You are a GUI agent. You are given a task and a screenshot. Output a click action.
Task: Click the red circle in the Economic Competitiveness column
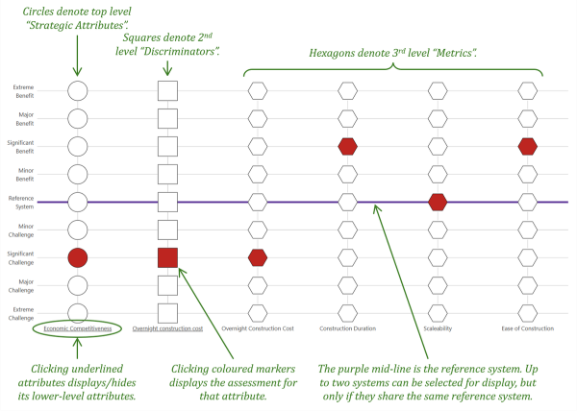tap(78, 256)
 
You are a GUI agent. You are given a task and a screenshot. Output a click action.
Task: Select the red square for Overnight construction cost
tap(167, 256)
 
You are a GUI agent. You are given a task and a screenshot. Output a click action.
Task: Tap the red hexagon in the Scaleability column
tap(438, 202)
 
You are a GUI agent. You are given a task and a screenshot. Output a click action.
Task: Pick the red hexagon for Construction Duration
tap(347, 146)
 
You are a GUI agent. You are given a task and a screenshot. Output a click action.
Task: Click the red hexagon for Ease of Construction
tap(527, 146)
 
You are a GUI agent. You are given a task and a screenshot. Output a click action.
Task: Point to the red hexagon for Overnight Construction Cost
tap(257, 256)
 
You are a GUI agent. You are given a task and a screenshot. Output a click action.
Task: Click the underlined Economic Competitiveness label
tap(78, 328)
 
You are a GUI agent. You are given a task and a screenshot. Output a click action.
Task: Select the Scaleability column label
tap(438, 328)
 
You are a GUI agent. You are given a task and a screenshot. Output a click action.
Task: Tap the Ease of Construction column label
tap(527, 328)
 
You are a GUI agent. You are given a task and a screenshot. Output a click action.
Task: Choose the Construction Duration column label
tap(347, 328)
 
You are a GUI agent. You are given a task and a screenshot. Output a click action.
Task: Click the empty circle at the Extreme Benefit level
tap(78, 91)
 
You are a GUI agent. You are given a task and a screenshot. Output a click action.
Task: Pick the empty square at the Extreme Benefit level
tap(167, 91)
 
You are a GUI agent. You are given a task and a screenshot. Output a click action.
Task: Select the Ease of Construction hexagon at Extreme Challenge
tap(527, 312)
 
